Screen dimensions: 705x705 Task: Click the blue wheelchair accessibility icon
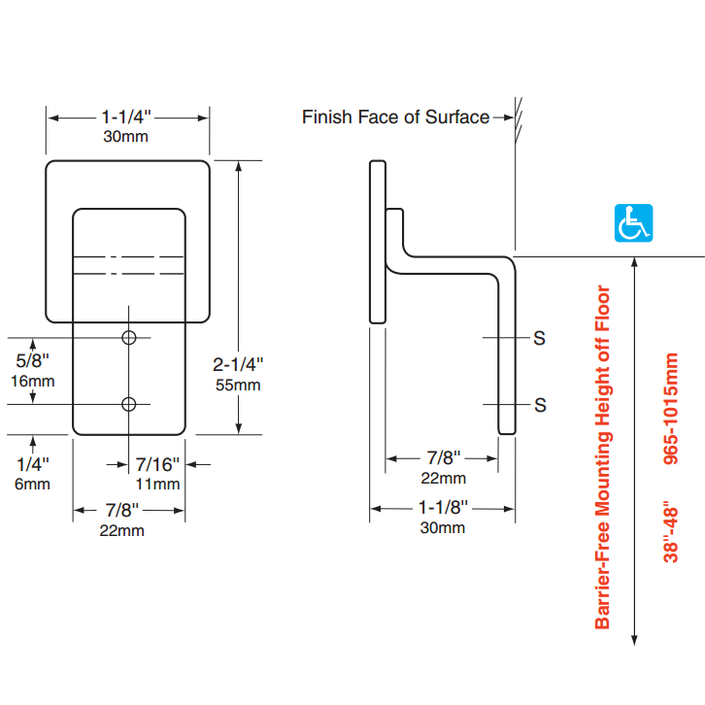point(634,223)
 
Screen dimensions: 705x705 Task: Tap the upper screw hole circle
point(129,337)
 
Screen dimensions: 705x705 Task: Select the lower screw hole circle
point(129,404)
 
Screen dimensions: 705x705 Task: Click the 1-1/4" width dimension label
point(126,117)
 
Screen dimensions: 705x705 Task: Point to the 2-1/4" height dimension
point(238,364)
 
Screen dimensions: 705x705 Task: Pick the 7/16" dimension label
point(156,464)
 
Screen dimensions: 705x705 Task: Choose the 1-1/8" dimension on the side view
point(442,508)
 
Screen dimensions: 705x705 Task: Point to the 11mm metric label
point(156,484)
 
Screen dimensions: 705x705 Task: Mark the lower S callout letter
point(540,405)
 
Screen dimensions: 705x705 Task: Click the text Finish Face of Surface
point(395,117)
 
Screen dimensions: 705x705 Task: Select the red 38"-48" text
point(671,535)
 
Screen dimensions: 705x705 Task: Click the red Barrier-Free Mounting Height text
point(603,456)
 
